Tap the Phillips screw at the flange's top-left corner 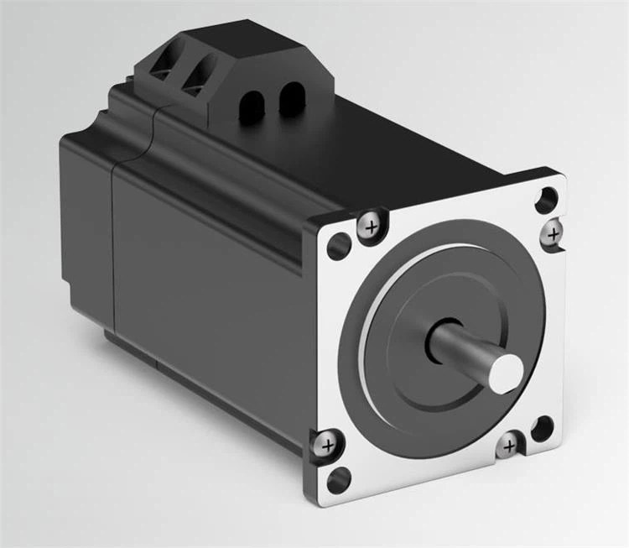(x=370, y=224)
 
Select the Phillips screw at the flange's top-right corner (x=553, y=234)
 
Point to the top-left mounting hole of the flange (x=339, y=244)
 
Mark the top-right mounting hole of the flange (x=547, y=199)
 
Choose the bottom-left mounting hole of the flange (x=339, y=478)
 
